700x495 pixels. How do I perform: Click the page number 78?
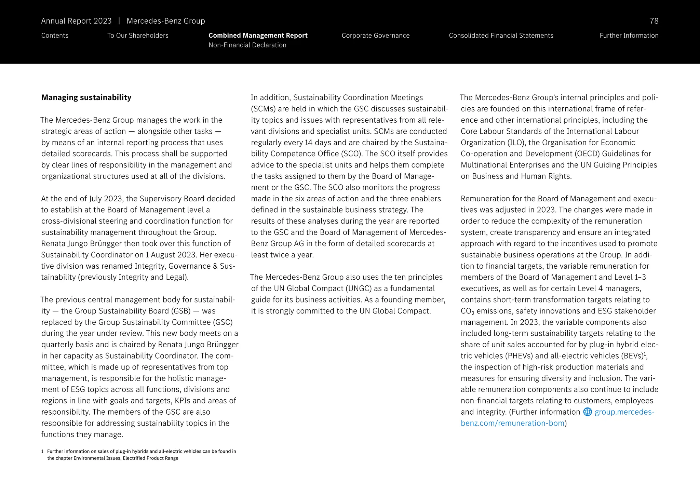click(654, 21)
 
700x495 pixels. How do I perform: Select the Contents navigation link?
click(55, 36)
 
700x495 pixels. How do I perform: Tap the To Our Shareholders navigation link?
click(138, 36)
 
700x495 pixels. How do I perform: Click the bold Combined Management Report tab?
click(258, 36)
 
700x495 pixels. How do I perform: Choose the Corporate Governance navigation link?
click(375, 36)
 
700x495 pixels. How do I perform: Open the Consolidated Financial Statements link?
click(501, 36)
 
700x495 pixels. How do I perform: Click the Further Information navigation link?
click(629, 36)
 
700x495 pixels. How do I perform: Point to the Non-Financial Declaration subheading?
click(247, 45)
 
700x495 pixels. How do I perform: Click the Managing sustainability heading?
click(86, 97)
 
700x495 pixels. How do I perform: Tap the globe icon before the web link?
click(588, 412)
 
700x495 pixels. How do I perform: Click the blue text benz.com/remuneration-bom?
click(512, 423)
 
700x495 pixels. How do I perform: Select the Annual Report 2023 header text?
click(76, 21)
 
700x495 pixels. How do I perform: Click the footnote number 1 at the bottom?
click(42, 452)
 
